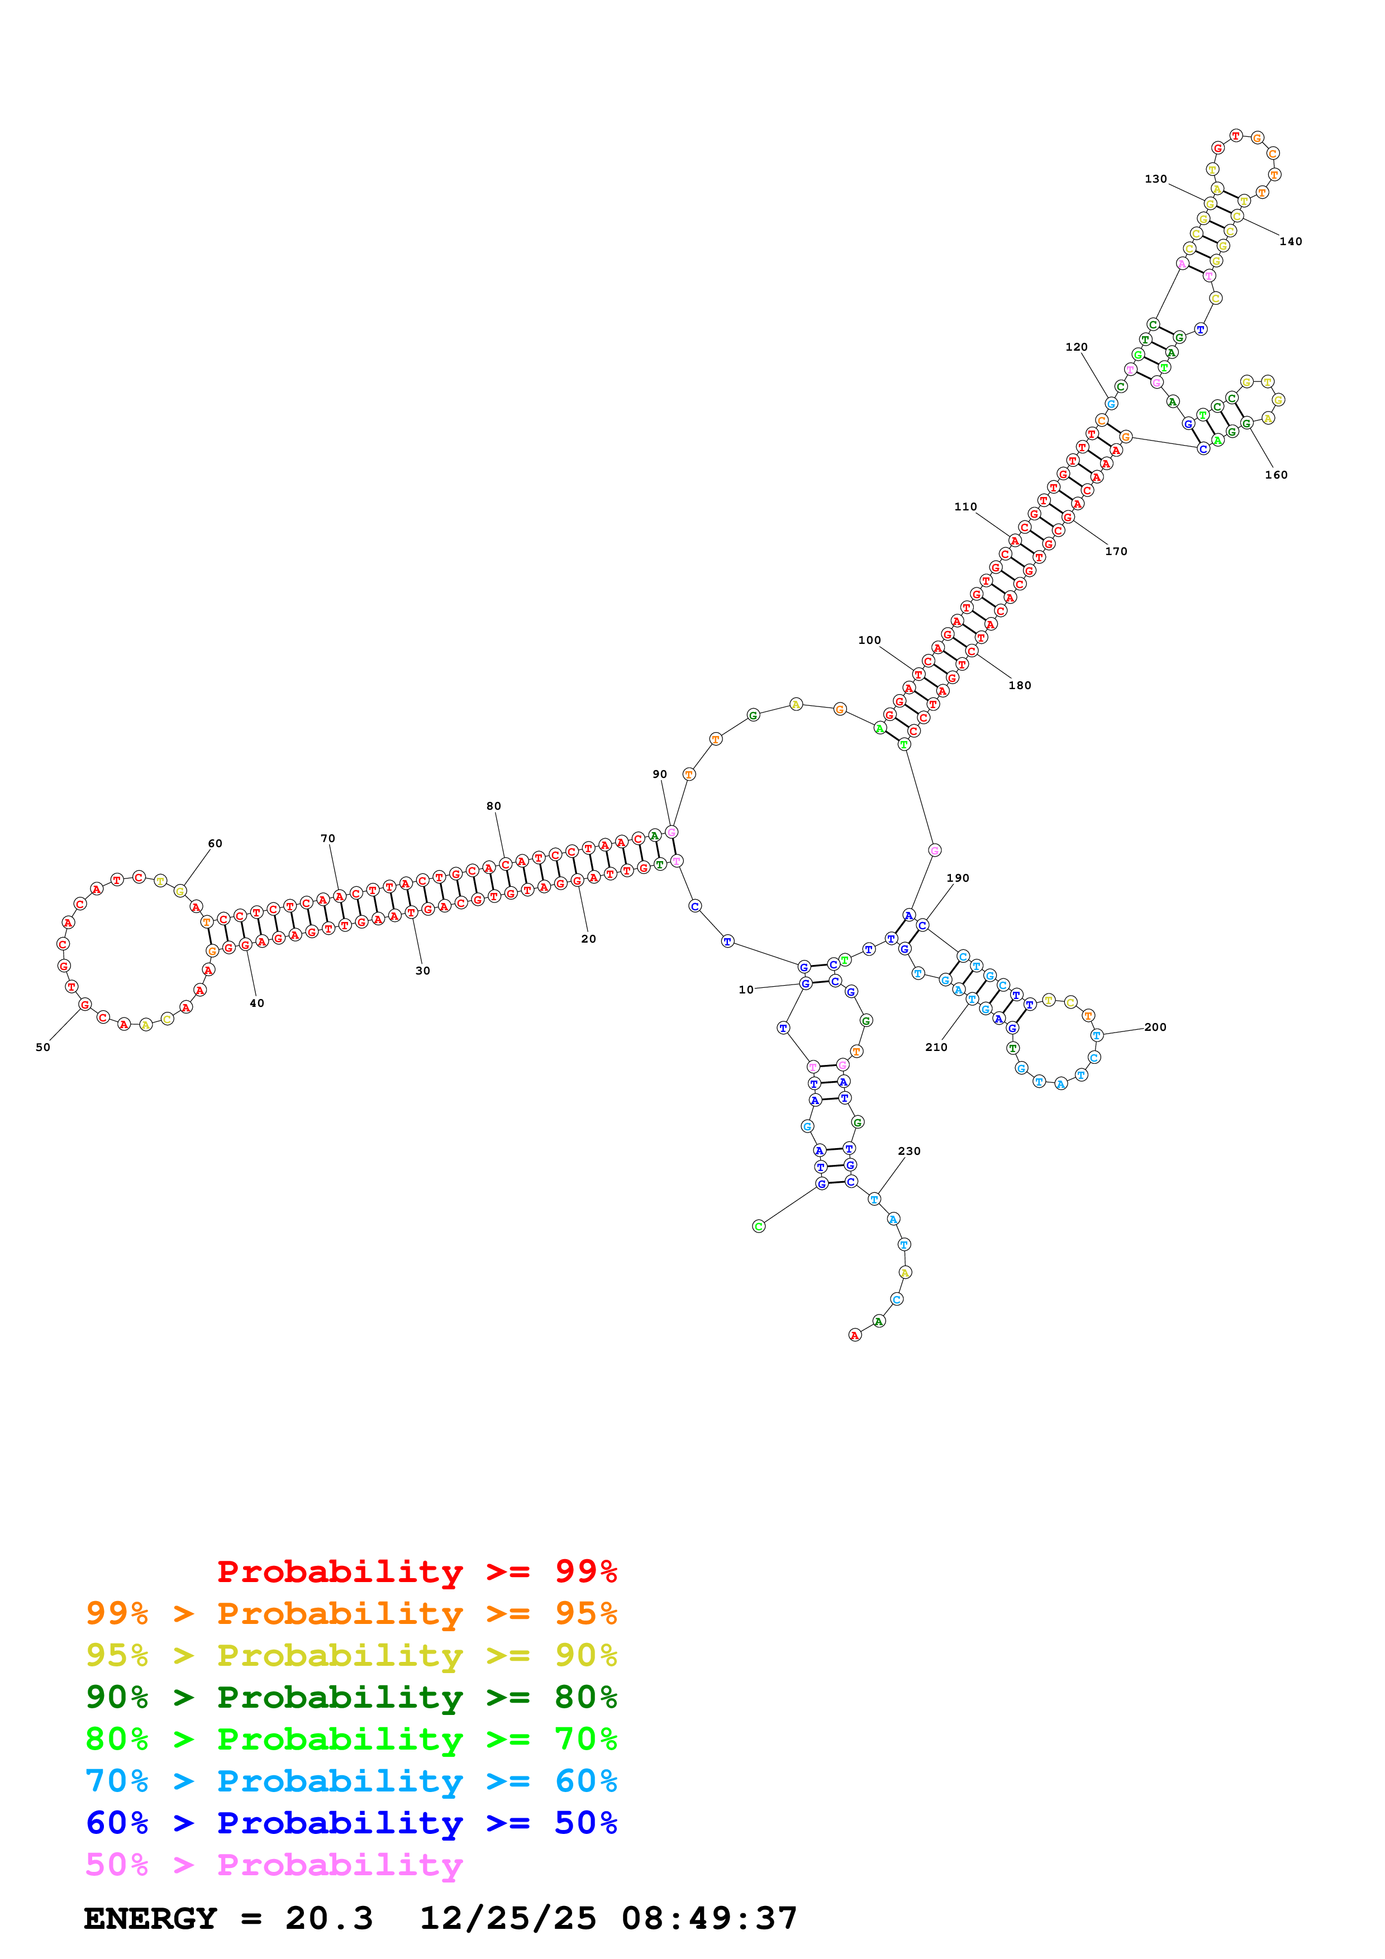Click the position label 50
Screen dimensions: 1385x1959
point(42,1047)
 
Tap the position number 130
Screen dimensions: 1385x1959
point(1155,179)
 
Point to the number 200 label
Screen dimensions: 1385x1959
point(1155,1028)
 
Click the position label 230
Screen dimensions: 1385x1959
point(909,1151)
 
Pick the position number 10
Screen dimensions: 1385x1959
point(746,990)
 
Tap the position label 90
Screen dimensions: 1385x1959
point(660,775)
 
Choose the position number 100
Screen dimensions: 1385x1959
point(869,640)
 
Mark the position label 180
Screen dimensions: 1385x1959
point(1019,685)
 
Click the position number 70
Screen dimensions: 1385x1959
point(328,839)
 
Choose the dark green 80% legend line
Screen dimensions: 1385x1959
point(351,1697)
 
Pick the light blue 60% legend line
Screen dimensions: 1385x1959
point(351,1781)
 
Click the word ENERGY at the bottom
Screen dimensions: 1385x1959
point(150,1918)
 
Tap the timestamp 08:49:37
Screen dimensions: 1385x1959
point(708,1918)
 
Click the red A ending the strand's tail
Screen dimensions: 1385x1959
point(854,1335)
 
